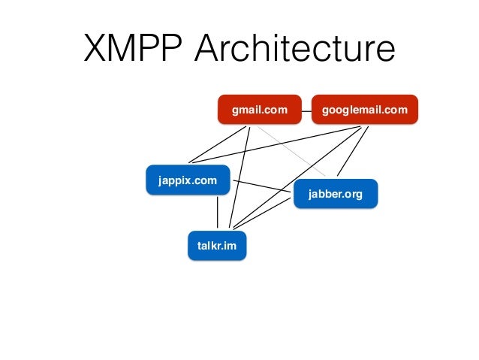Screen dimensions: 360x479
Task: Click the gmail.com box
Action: coord(259,110)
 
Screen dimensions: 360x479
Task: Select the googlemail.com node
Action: coord(364,110)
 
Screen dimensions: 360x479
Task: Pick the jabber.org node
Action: coord(335,195)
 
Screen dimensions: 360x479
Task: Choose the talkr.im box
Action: coord(216,246)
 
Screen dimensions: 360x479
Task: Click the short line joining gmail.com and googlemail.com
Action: coord(306,110)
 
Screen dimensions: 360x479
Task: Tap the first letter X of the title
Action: coord(97,50)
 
